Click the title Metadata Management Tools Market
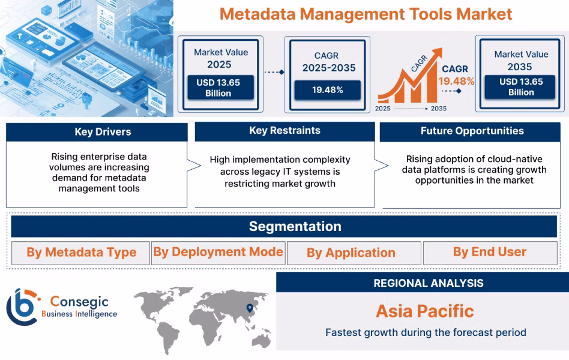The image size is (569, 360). pyautogui.click(x=366, y=14)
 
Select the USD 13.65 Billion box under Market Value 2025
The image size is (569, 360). pyautogui.click(x=218, y=88)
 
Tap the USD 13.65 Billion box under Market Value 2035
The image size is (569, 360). pyautogui.click(x=521, y=87)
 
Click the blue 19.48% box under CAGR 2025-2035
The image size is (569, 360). pyautogui.click(x=327, y=90)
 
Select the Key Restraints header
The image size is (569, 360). pyautogui.click(x=284, y=131)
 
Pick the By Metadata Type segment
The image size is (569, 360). pyautogui.click(x=81, y=253)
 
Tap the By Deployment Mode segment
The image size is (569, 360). pyautogui.click(x=218, y=252)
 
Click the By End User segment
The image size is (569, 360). pyautogui.click(x=489, y=253)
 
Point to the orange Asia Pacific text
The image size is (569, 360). pyautogui.click(x=425, y=311)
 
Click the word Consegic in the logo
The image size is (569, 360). pyautogui.click(x=75, y=301)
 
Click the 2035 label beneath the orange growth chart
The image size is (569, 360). pyautogui.click(x=438, y=109)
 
